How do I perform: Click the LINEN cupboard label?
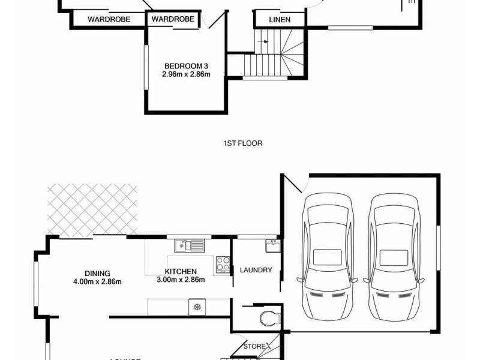pyautogui.click(x=279, y=20)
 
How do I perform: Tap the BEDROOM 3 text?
pyautogui.click(x=185, y=67)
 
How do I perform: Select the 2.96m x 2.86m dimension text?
pyautogui.click(x=185, y=75)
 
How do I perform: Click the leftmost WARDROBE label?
pyautogui.click(x=109, y=20)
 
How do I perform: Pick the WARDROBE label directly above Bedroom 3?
pyautogui.click(x=173, y=20)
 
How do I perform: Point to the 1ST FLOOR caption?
pyautogui.click(x=242, y=143)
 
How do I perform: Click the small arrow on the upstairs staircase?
pyautogui.click(x=262, y=42)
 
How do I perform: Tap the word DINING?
pyautogui.click(x=97, y=274)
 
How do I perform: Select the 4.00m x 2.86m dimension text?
pyautogui.click(x=97, y=282)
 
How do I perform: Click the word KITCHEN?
pyautogui.click(x=181, y=272)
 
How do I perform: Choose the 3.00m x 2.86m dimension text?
pyautogui.click(x=181, y=280)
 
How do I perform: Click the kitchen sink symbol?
pyautogui.click(x=189, y=245)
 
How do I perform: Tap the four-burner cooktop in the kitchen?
pyautogui.click(x=223, y=265)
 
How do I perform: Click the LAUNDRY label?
pyautogui.click(x=256, y=270)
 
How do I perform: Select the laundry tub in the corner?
pyautogui.click(x=271, y=244)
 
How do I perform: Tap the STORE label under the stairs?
pyautogui.click(x=253, y=346)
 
